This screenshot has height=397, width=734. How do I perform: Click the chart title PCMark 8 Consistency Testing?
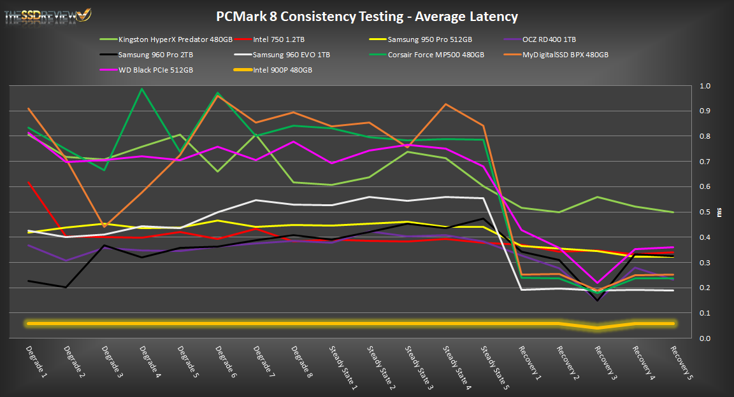367,17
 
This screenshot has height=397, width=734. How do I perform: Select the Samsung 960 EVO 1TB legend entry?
291,55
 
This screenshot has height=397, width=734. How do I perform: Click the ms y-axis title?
720,212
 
